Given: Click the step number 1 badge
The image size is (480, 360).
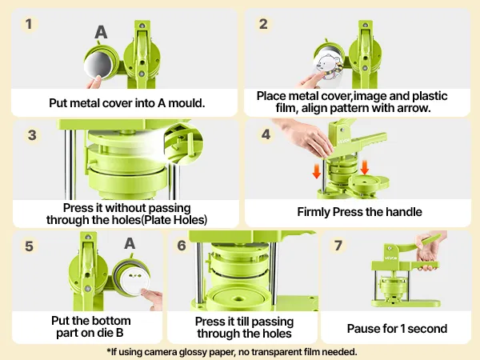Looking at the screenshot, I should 30,24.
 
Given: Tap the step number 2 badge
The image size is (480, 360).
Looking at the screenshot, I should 263,24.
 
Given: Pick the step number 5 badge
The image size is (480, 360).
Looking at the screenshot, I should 30,246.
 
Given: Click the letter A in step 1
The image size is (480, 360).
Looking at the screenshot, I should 101,32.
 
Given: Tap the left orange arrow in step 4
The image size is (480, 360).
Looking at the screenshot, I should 317,171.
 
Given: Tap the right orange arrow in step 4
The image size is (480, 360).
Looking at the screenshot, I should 365,166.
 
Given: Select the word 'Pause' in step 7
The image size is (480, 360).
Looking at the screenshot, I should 364,328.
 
